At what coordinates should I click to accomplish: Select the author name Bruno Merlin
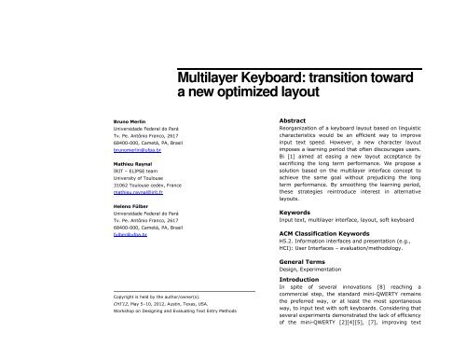click(x=130, y=121)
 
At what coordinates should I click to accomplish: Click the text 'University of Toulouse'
click(x=136, y=175)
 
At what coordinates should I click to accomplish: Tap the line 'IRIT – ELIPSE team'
click(x=134, y=169)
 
